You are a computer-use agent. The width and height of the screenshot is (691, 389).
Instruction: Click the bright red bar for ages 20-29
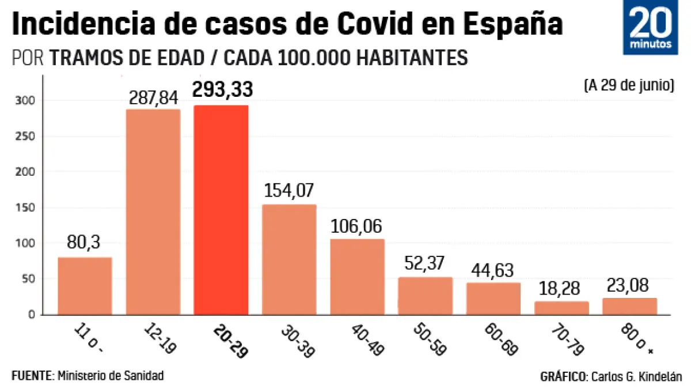[x=221, y=210]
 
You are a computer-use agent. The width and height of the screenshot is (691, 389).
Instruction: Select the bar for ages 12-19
[x=153, y=212]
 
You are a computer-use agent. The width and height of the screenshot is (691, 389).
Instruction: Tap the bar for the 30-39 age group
[x=289, y=259]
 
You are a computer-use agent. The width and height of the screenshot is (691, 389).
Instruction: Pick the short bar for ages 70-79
[x=561, y=308]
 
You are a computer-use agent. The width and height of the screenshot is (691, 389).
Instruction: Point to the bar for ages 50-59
[x=426, y=296]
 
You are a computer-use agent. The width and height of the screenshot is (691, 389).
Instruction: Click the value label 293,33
[x=222, y=90]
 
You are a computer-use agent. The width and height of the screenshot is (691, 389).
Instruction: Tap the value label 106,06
[x=357, y=226]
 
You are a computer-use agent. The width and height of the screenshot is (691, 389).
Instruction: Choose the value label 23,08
[x=629, y=286]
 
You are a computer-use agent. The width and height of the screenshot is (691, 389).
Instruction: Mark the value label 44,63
[x=493, y=270]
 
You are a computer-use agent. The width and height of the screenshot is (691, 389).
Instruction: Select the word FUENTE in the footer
[x=32, y=376]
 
